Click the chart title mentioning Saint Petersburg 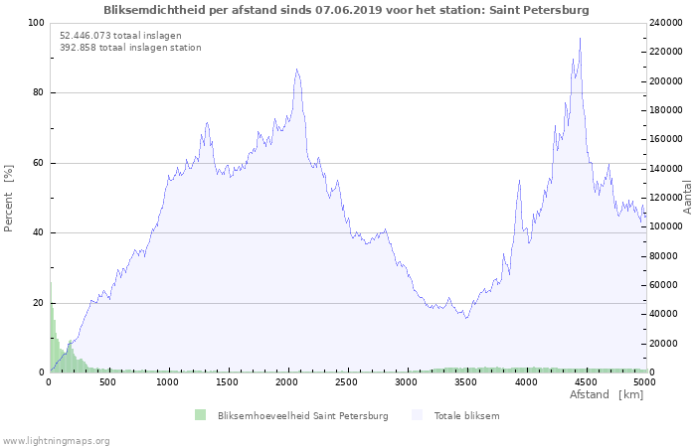pyautogui.click(x=346, y=10)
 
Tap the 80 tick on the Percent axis pyautogui.click(x=38, y=92)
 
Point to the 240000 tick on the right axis pyautogui.click(x=666, y=23)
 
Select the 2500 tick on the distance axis pyautogui.click(x=347, y=382)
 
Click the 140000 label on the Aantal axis pyautogui.click(x=666, y=169)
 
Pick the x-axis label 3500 pyautogui.click(x=466, y=382)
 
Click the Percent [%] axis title pyautogui.click(x=8, y=199)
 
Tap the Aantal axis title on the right pyautogui.click(x=687, y=198)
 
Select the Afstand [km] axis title pyautogui.click(x=607, y=394)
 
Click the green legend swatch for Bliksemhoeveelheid pyautogui.click(x=200, y=415)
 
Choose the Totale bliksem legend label pyautogui.click(x=467, y=416)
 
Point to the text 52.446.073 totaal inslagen pyautogui.click(x=120, y=36)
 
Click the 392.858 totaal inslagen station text pyautogui.click(x=130, y=48)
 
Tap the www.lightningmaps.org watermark pyautogui.click(x=55, y=441)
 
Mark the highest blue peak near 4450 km pyautogui.click(x=580, y=38)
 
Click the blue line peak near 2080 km pyautogui.click(x=296, y=70)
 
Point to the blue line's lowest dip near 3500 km pyautogui.click(x=466, y=319)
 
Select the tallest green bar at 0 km pyautogui.click(x=51, y=327)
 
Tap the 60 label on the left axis pyautogui.click(x=38, y=163)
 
